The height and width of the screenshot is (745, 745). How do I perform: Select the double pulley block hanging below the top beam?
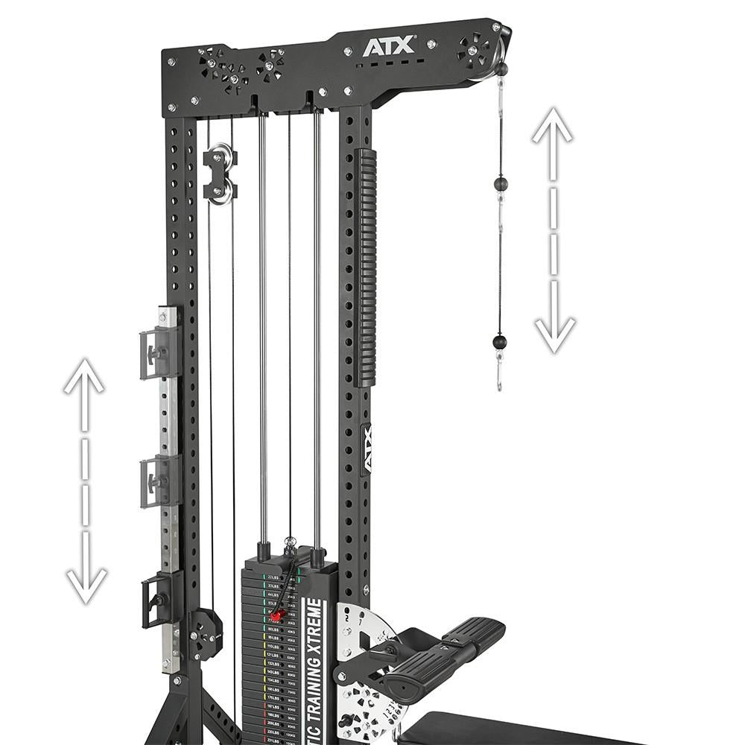pos(220,174)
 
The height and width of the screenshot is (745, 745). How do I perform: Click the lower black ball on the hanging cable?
pos(499,342)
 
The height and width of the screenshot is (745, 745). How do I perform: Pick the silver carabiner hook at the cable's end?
pos(499,372)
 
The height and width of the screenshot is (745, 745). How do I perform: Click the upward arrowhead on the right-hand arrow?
pos(552,127)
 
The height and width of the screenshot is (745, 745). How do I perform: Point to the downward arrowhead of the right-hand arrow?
pos(554,333)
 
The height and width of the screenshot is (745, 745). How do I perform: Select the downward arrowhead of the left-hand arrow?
pos(86,584)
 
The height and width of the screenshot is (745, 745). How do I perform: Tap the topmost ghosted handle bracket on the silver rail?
pos(159,353)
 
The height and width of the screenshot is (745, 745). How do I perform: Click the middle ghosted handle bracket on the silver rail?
pos(159,481)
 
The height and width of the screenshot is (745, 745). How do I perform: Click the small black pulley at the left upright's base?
pos(205,634)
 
